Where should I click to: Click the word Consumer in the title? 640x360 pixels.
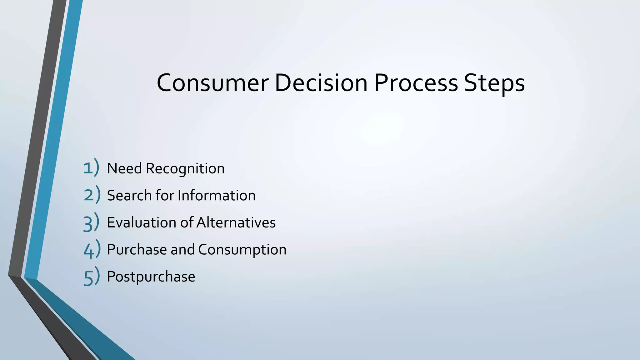[212, 83]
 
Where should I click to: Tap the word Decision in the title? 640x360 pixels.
[321, 83]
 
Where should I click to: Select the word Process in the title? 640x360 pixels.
[416, 83]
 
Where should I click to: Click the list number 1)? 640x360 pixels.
[91, 168]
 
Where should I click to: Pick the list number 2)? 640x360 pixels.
[92, 195]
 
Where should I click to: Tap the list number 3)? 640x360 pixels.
[91, 222]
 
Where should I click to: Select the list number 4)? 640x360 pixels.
[92, 249]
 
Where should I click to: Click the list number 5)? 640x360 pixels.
[92, 276]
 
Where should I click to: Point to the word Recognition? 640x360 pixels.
[185, 169]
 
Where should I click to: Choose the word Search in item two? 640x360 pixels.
[129, 195]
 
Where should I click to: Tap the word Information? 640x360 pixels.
[217, 195]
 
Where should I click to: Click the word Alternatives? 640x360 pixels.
[236, 222]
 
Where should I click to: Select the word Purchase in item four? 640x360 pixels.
[137, 250]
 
